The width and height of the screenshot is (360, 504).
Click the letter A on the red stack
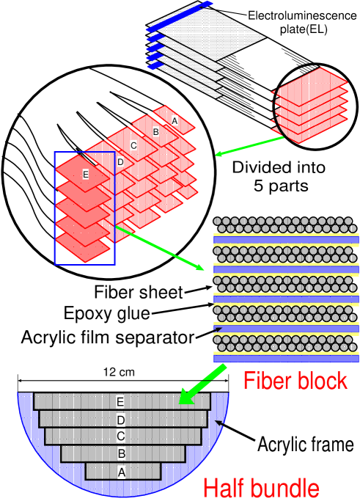click(x=175, y=120)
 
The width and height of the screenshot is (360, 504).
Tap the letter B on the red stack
click(x=155, y=132)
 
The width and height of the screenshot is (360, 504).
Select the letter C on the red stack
click(x=133, y=146)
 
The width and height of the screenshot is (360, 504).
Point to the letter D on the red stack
click(x=120, y=162)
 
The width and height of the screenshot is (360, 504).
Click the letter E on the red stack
click(x=85, y=175)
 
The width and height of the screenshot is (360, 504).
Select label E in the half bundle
click(x=121, y=402)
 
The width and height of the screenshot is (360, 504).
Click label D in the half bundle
click(x=121, y=420)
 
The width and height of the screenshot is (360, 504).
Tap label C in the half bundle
click(x=121, y=437)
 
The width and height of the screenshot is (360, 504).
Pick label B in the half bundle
click(x=121, y=454)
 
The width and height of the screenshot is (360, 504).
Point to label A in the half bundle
click(x=121, y=472)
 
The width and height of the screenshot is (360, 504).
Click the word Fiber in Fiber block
click(x=268, y=381)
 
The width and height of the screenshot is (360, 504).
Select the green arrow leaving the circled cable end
click(x=249, y=145)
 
